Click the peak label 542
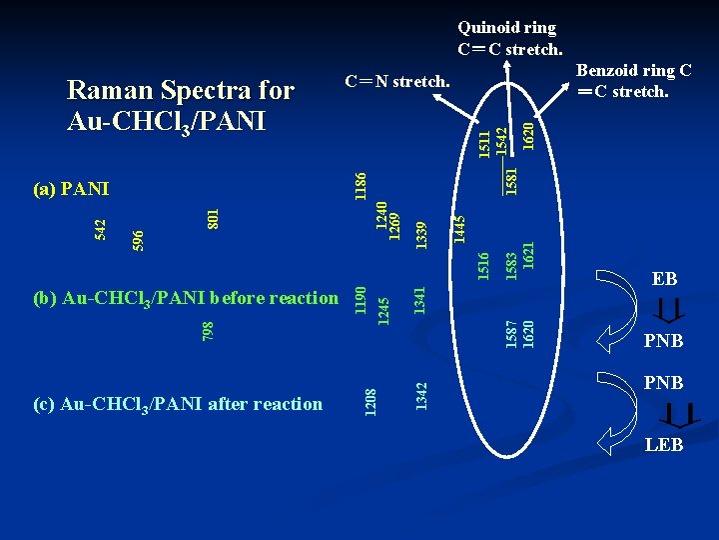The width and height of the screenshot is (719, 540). point(100,229)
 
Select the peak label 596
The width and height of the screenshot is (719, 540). point(138,240)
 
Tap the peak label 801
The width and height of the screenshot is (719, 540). point(213,217)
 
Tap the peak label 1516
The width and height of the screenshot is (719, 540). point(483,265)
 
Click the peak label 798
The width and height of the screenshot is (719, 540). point(208,329)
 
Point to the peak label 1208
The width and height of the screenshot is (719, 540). point(369,402)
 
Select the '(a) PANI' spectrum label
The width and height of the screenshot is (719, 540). point(71,188)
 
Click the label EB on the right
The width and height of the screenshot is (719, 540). point(664,279)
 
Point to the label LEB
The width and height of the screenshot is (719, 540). point(664,445)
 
